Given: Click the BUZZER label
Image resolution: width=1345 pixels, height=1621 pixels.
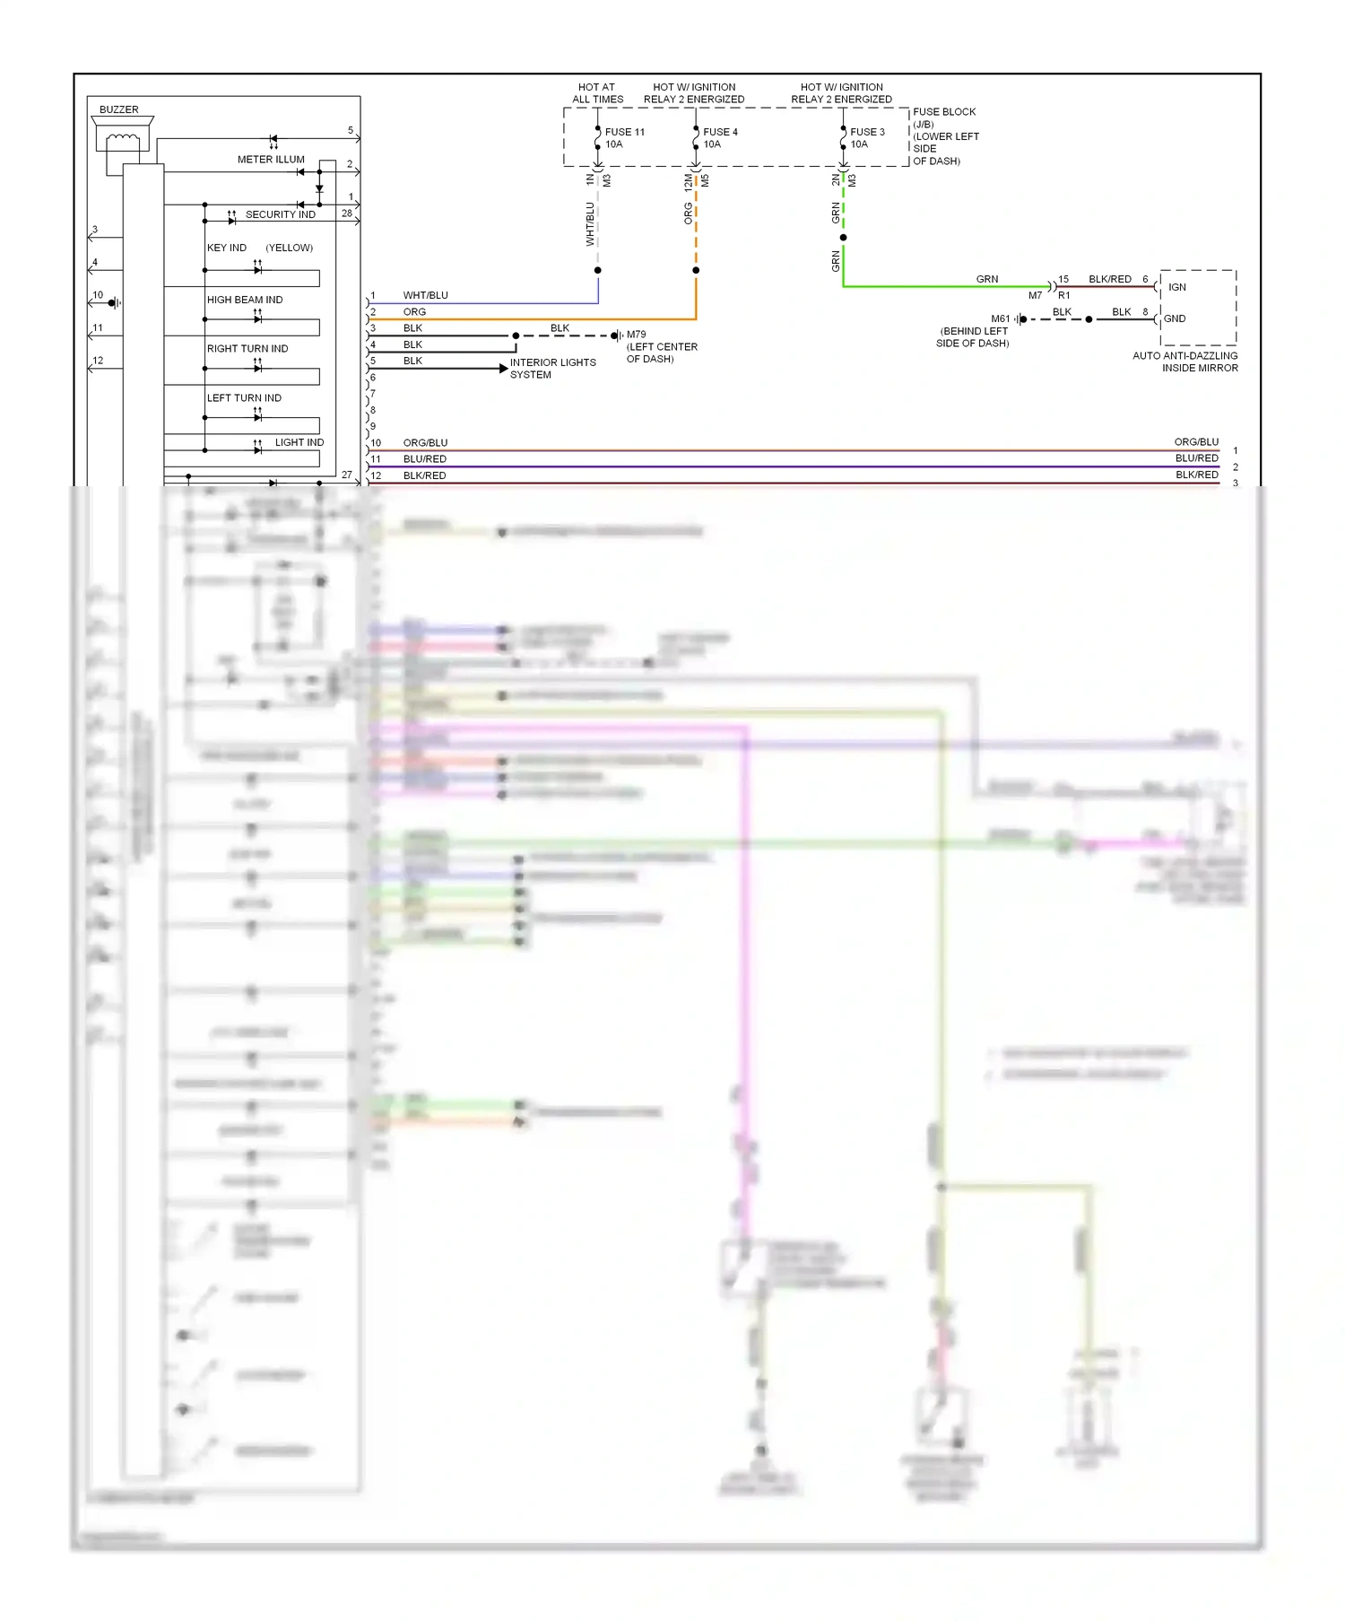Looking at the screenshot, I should [x=118, y=109].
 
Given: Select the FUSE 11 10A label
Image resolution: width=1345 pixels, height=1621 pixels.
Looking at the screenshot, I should [x=624, y=138].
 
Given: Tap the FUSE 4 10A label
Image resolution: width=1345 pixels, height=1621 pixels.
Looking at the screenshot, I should [x=720, y=138].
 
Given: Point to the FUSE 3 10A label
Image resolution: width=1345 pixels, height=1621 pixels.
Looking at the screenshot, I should [x=866, y=138].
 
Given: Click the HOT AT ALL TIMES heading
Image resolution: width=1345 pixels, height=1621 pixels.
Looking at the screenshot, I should [x=597, y=93].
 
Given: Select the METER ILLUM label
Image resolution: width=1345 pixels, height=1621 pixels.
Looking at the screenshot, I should [x=271, y=160].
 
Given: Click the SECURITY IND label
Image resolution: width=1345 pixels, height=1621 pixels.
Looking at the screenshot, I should [x=280, y=215].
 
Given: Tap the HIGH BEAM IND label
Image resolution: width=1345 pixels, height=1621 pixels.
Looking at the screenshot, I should [x=245, y=300].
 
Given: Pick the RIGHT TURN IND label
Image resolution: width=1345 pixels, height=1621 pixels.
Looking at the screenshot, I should [x=247, y=349].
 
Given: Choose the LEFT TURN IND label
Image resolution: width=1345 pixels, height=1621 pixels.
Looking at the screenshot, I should [x=244, y=398].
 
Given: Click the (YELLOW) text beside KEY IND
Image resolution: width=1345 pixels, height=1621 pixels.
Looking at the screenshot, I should [x=289, y=248].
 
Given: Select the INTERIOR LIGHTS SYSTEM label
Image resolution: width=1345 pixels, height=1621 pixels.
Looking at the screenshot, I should [x=552, y=369].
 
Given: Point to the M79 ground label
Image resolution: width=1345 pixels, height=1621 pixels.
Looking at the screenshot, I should [x=636, y=335].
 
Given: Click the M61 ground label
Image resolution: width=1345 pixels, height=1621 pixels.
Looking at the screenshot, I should [x=1000, y=318].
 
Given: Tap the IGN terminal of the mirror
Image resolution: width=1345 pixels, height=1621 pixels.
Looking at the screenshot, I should [x=1176, y=287].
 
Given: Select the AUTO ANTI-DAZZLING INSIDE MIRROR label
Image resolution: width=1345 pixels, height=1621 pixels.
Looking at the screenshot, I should [x=1184, y=362].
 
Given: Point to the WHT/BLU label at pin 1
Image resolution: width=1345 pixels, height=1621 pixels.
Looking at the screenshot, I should [x=425, y=295].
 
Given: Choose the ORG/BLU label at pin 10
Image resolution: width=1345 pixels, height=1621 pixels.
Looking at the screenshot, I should [x=425, y=443].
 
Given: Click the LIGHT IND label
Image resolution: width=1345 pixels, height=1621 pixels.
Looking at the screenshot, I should [x=299, y=443].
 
